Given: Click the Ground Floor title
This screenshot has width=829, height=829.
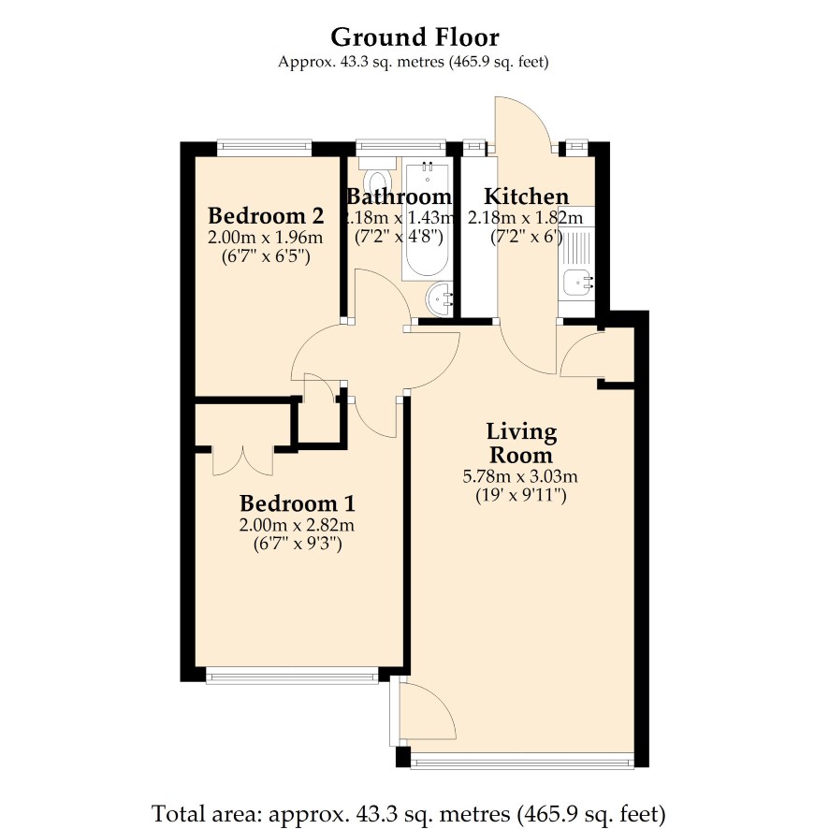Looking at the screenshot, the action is point(414,37).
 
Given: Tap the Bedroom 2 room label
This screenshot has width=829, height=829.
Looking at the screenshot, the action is point(266,216).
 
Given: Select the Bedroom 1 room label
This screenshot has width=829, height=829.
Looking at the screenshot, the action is point(298,503).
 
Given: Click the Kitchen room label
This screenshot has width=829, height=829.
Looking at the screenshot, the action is point(527,196).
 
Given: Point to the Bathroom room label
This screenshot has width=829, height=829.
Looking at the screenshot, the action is point(400,196).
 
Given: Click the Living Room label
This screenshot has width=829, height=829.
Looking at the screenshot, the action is point(521,444).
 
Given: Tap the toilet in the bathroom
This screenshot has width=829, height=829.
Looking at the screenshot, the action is point(377,172).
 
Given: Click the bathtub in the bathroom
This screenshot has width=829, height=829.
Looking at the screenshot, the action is point(428,219).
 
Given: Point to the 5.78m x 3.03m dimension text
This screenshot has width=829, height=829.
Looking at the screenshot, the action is point(520,476).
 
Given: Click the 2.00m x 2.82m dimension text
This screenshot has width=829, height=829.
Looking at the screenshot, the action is point(298,525).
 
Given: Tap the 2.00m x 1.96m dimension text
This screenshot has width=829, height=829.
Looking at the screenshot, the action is point(266,238).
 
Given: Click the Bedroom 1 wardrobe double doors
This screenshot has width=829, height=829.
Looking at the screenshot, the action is point(243,461).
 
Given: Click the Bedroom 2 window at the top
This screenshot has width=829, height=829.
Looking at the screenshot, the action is point(265,148).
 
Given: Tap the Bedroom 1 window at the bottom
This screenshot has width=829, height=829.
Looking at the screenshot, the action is point(292,676).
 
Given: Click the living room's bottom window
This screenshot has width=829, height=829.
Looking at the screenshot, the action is point(522,761).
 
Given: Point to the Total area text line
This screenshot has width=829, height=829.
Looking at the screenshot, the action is point(408,814).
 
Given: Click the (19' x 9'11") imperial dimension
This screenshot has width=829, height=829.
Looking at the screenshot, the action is point(521,496).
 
